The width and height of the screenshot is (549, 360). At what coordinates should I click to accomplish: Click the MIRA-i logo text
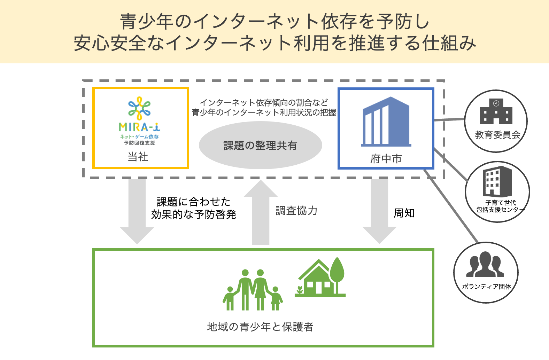139,127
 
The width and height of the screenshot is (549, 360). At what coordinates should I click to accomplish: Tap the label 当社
138,157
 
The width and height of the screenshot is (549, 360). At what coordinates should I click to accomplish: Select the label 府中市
386,159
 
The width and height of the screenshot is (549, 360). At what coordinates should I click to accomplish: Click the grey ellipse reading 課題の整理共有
260,145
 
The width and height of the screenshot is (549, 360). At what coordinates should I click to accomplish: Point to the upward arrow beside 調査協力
261,212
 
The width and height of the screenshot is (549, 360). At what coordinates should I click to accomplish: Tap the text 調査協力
296,211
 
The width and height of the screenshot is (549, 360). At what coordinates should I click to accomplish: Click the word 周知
404,213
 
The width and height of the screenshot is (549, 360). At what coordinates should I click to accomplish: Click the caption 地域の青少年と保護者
260,327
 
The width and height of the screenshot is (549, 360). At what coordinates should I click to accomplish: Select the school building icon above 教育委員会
496,112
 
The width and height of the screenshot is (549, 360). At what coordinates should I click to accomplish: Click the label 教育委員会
497,135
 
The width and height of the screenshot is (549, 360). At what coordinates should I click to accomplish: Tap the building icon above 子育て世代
497,181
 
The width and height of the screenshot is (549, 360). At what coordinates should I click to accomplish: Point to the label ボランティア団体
486,287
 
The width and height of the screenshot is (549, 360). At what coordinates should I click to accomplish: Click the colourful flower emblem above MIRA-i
139,108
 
